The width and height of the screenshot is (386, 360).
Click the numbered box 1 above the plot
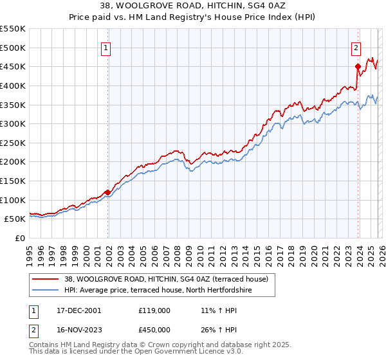coord(106,46)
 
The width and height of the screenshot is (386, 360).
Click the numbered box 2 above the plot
coord(356,46)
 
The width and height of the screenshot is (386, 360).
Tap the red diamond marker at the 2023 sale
coord(358,66)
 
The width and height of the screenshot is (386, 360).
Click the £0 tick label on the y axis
coord(21,238)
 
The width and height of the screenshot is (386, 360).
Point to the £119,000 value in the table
coord(154,310)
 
